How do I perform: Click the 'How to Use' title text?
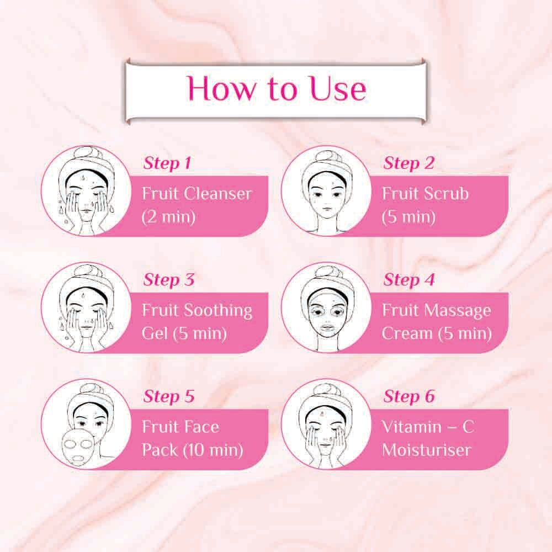pyautogui.click(x=277, y=88)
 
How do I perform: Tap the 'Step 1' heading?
pyautogui.click(x=167, y=163)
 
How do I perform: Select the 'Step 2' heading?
pyautogui.click(x=408, y=163)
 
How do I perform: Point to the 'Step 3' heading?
pyautogui.click(x=168, y=280)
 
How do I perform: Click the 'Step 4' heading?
pyautogui.click(x=409, y=280)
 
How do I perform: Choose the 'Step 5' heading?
pyautogui.click(x=168, y=396)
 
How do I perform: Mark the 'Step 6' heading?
pyautogui.click(x=409, y=396)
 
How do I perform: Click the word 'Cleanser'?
pyautogui.click(x=219, y=194)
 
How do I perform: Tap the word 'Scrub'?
pyautogui.click(x=447, y=194)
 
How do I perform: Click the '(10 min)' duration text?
pyautogui.click(x=213, y=450)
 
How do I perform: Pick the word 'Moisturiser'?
pyautogui.click(x=426, y=450)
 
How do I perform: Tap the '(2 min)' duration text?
pyautogui.click(x=168, y=217)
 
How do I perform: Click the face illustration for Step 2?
pyautogui.click(x=327, y=197)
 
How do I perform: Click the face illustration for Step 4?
pyautogui.click(x=327, y=314)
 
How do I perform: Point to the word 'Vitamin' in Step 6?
pyautogui.click(x=412, y=427)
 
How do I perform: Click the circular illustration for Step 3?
pyautogui.click(x=86, y=307)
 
